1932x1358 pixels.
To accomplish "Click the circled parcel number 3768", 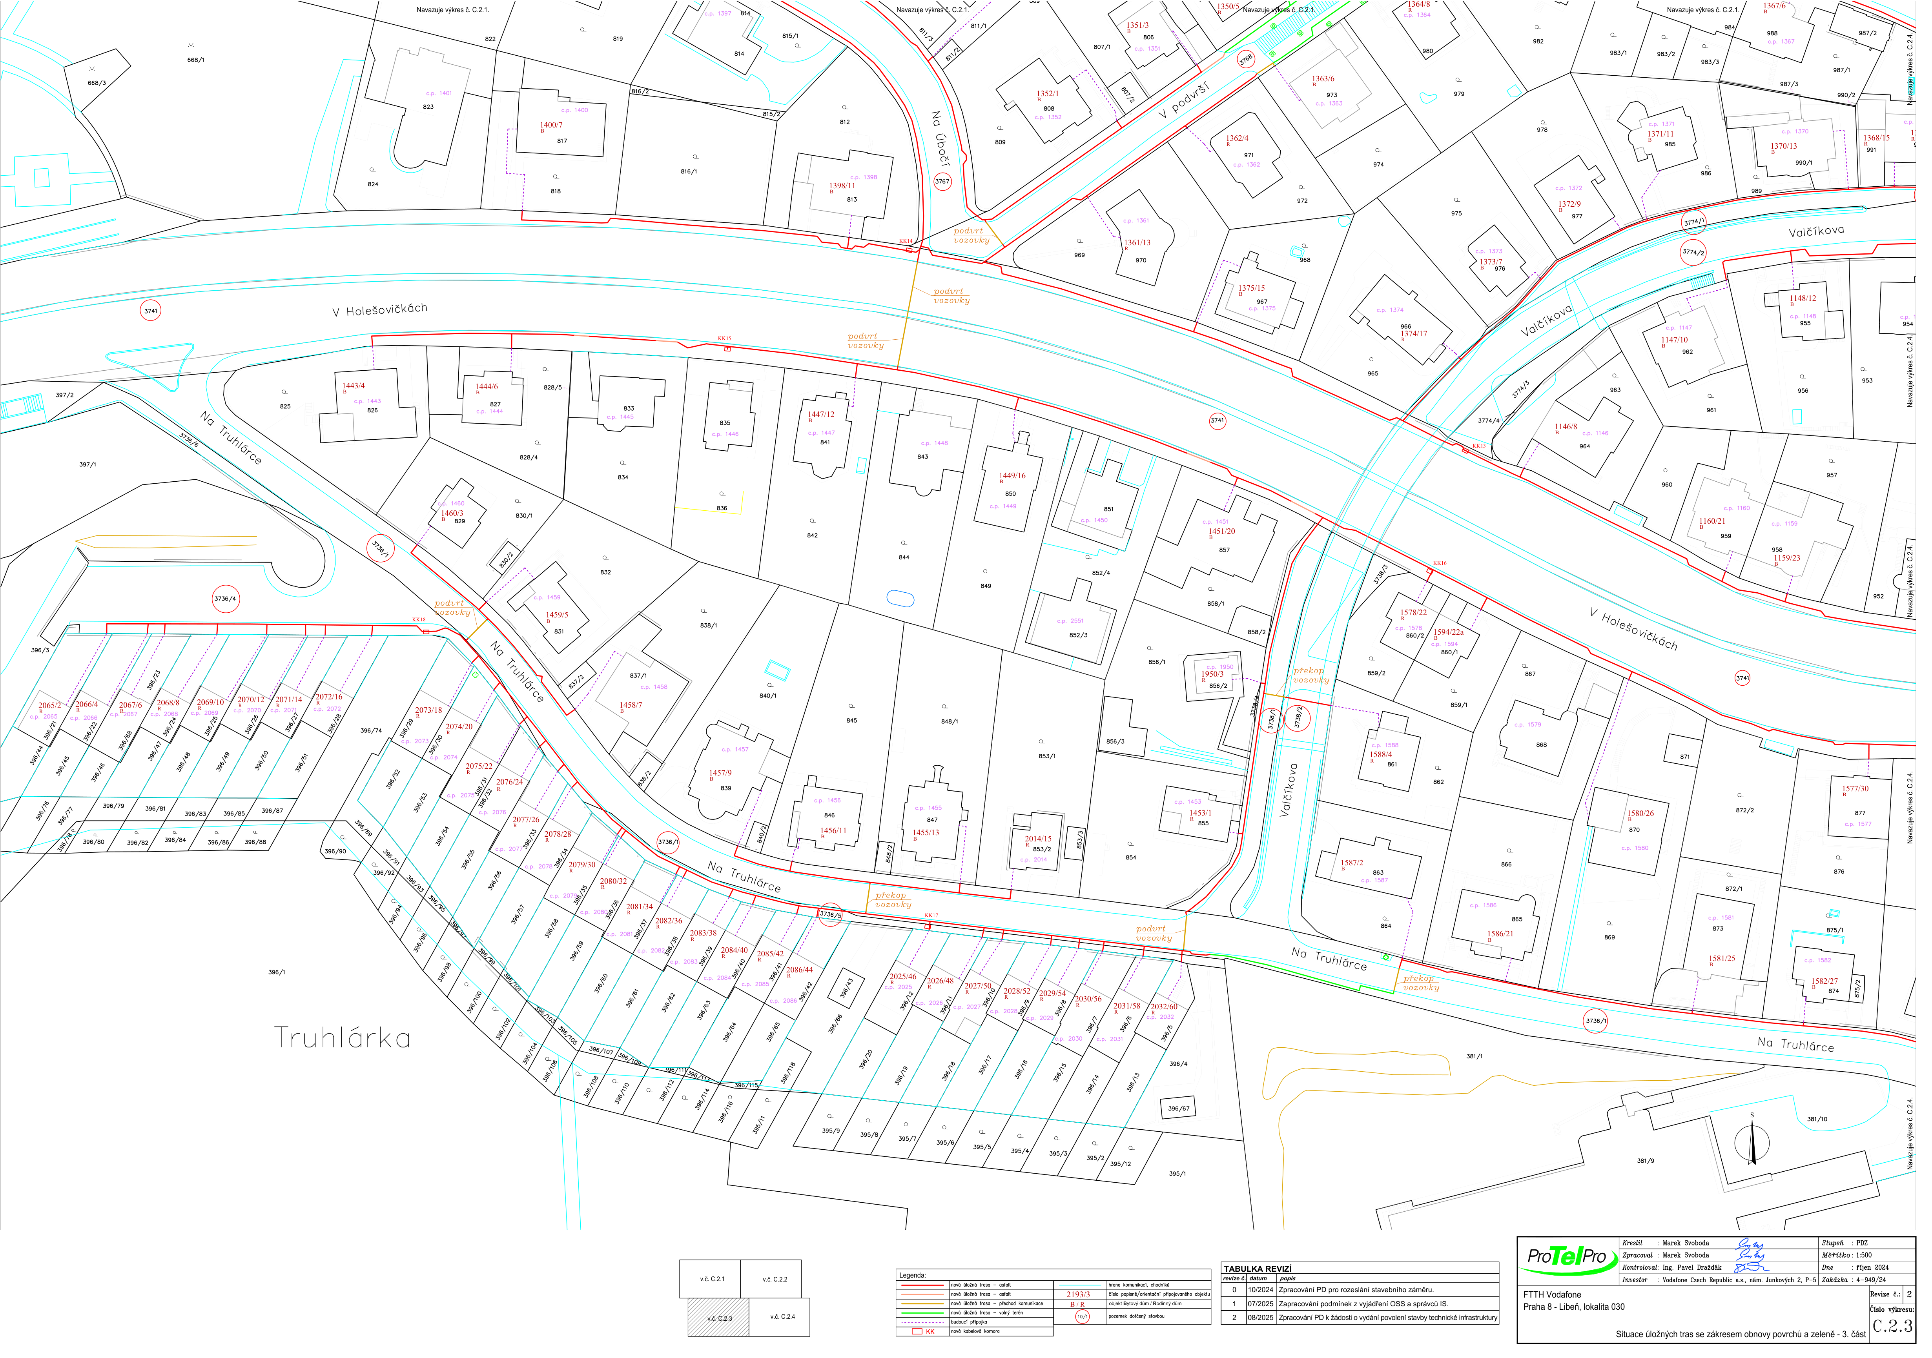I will (1245, 59).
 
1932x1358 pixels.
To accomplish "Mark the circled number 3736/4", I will (225, 599).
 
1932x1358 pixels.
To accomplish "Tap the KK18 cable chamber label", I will (418, 620).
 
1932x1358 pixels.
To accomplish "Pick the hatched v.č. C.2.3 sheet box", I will (718, 1318).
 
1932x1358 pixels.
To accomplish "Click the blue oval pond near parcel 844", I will (900, 598).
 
